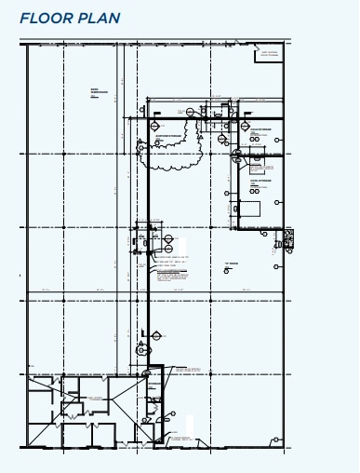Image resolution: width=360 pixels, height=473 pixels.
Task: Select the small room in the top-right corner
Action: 269,54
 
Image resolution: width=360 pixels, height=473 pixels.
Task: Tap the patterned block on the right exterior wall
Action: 287,237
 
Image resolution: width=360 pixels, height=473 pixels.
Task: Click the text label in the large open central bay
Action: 231,264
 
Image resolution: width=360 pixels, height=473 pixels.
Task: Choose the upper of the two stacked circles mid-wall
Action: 168,238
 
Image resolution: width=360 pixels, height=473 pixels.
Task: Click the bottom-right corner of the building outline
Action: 283,448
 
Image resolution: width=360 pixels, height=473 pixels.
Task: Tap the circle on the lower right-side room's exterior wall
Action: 278,202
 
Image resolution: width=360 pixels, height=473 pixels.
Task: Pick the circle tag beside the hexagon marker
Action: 141,351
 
